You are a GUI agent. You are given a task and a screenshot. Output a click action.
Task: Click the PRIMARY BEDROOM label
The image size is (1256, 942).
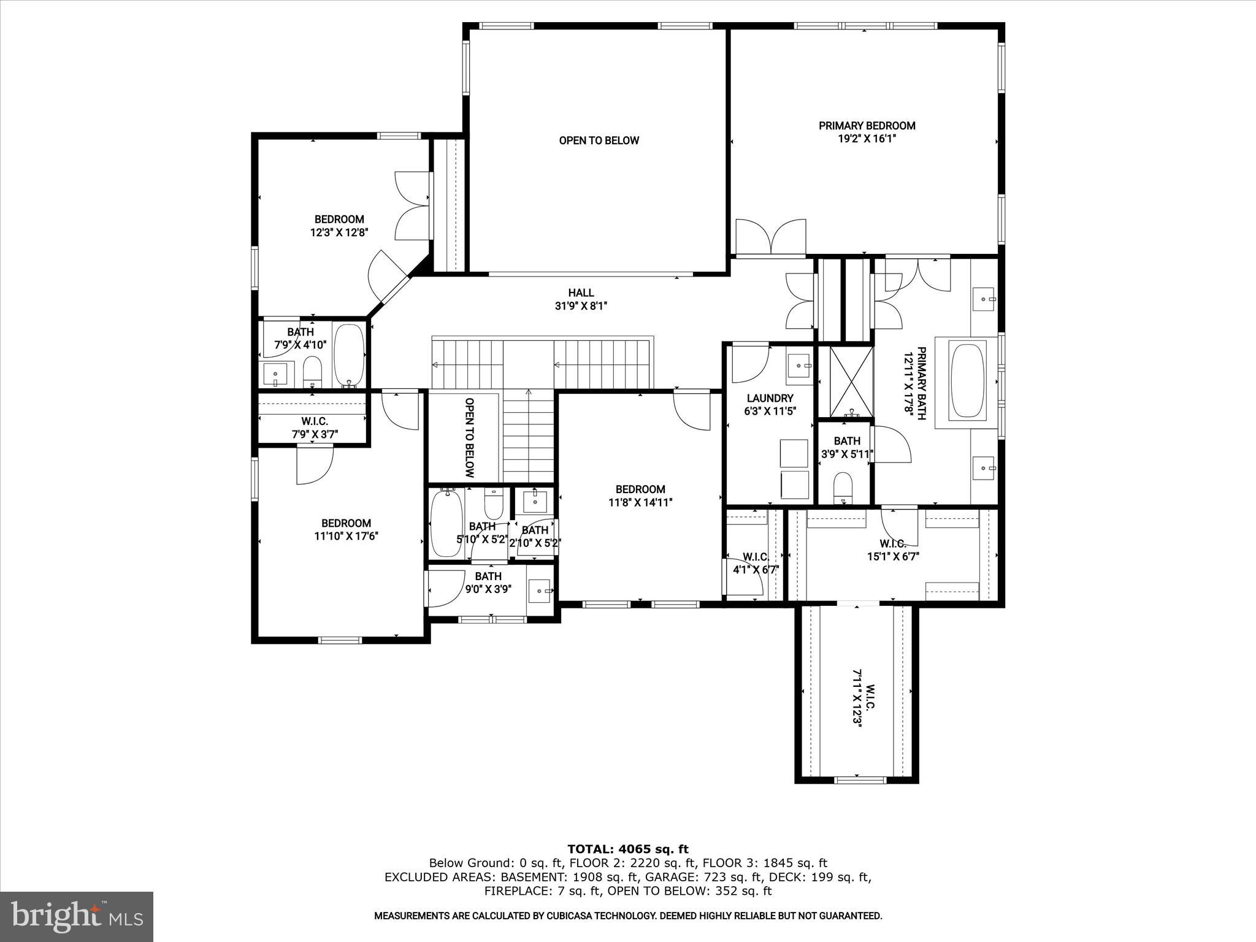pyautogui.click(x=867, y=126)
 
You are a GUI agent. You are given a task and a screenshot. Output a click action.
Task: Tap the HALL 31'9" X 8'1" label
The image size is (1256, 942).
pyautogui.click(x=580, y=299)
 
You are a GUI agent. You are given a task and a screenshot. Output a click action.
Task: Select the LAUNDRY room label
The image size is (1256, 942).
pyautogui.click(x=770, y=398)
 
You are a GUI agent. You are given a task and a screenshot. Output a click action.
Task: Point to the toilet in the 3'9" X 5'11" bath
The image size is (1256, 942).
pyautogui.click(x=843, y=486)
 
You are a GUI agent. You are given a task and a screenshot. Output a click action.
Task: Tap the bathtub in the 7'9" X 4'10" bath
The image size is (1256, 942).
pyautogui.click(x=348, y=355)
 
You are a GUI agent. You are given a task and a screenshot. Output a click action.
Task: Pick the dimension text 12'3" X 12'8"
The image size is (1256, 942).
pyautogui.click(x=339, y=232)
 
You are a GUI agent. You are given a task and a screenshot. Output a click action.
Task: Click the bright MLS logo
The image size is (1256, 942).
pyautogui.click(x=77, y=916)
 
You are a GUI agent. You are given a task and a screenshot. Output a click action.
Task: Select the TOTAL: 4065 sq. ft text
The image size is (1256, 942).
pyautogui.click(x=627, y=849)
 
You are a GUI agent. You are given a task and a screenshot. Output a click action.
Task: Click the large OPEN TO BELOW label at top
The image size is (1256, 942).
pyautogui.click(x=599, y=140)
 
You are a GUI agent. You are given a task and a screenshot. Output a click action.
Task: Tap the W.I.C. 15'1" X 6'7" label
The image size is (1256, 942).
pyautogui.click(x=892, y=550)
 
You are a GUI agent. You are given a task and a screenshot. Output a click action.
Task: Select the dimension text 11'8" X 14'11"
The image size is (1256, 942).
pyautogui.click(x=640, y=502)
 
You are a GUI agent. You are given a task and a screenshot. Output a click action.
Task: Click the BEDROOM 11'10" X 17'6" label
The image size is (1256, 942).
pyautogui.click(x=346, y=529)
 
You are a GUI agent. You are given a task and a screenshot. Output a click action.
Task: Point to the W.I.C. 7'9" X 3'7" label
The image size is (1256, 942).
pyautogui.click(x=314, y=428)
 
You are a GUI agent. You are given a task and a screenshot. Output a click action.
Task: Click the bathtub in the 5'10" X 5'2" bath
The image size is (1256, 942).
pyautogui.click(x=446, y=523)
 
